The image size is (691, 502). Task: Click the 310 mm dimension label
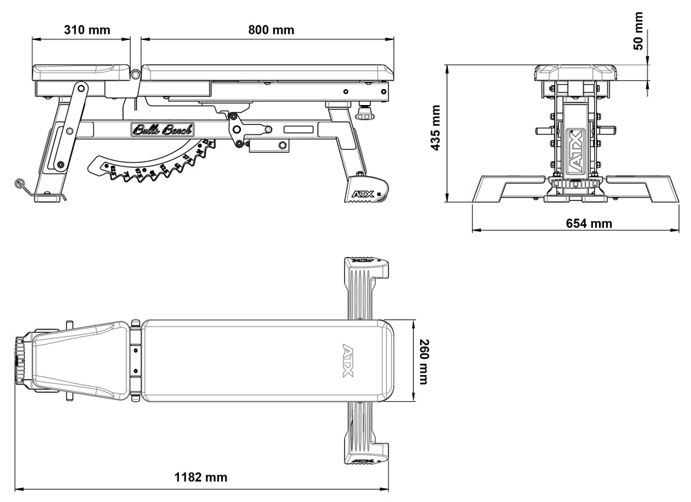click(x=88, y=30)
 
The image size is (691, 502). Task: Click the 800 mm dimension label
click(x=271, y=30)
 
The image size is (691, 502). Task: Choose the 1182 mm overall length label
click(x=200, y=477)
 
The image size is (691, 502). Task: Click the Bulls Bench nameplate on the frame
click(x=162, y=129)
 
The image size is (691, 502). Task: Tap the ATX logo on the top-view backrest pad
click(x=348, y=360)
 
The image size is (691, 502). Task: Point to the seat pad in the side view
click(x=81, y=72)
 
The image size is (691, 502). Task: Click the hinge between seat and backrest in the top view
click(x=136, y=360)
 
